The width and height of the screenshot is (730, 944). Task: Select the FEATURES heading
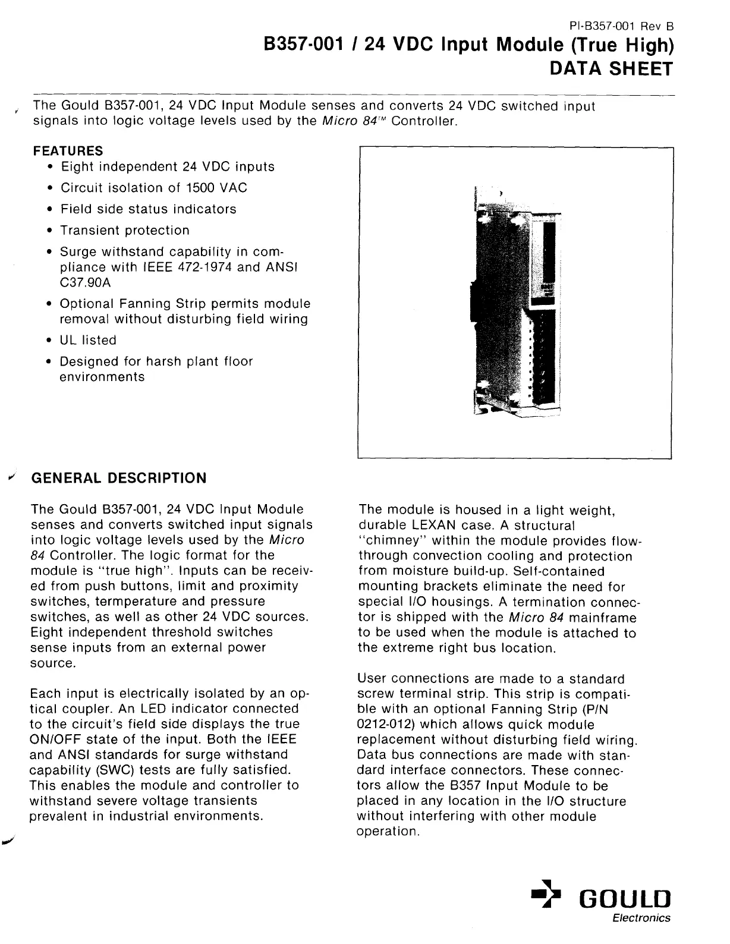68,151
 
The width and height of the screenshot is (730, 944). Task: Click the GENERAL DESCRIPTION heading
118,478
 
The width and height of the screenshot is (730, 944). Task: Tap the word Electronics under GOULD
641,918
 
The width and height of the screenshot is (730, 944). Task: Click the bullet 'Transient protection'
125,231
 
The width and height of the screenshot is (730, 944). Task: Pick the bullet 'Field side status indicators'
148,209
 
